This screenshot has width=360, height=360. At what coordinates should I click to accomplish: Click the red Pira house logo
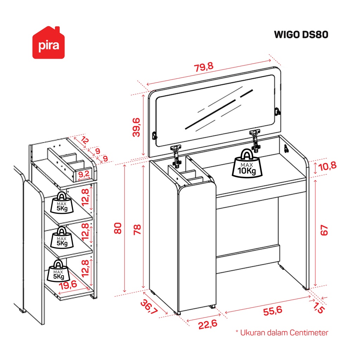coord(49,43)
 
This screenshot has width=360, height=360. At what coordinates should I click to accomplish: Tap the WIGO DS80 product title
coord(301,35)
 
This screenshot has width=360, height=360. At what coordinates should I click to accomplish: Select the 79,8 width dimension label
coord(204,67)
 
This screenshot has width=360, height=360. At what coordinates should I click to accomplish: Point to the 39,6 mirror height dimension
coord(136,127)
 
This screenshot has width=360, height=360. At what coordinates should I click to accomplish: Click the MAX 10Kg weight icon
coord(247,163)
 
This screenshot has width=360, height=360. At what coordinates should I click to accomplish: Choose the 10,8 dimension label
coord(327,166)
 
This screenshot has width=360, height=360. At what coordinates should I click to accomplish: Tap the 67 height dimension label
coord(324,230)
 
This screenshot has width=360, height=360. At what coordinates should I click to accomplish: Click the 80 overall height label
coord(118,228)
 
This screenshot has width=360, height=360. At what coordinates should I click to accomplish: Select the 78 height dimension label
coord(137,230)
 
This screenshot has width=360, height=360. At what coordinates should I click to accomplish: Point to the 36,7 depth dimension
coord(149,307)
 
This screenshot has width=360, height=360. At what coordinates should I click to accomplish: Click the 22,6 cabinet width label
coord(207,324)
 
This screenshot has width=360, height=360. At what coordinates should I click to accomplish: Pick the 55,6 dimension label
coord(272,311)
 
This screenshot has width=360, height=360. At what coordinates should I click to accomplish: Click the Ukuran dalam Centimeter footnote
coord(282,333)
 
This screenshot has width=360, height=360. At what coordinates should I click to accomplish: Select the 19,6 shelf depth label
coord(68,285)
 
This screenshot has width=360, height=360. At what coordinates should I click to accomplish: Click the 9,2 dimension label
coord(84,174)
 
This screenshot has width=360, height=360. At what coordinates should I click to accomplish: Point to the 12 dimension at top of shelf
coord(85,140)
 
